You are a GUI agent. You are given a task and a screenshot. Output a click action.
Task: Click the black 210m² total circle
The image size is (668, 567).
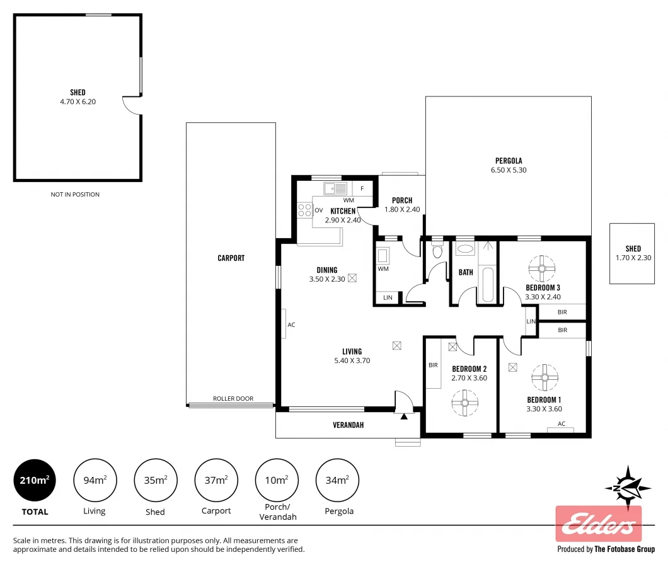35,481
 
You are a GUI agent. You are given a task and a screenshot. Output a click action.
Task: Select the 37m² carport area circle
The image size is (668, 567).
216,481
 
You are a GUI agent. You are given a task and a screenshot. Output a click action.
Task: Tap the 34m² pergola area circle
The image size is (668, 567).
337,481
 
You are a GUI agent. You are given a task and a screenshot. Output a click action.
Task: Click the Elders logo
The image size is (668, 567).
598,524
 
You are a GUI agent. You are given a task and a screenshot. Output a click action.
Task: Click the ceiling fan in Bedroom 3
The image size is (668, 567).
541,269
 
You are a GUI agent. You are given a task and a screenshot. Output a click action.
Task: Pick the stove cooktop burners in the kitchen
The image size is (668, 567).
305,210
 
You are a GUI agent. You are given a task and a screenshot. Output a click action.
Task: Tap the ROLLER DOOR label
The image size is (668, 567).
233,399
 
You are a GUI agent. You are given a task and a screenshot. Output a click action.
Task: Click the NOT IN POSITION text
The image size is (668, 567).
75,195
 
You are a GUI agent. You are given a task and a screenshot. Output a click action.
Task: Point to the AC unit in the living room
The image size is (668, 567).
284,324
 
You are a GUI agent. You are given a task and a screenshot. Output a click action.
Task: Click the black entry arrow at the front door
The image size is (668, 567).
404,416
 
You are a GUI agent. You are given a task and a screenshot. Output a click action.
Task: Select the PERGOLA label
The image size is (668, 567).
508,161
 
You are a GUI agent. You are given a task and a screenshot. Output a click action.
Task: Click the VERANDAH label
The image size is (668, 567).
348,425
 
